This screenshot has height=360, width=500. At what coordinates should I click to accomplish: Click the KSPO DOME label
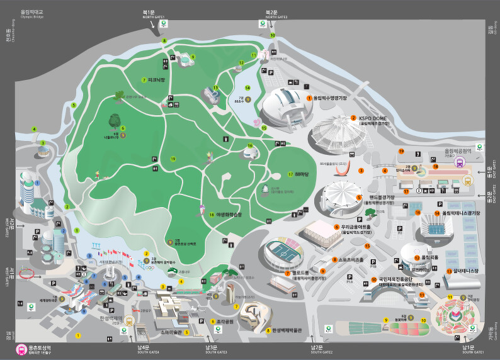(x=375, y=118)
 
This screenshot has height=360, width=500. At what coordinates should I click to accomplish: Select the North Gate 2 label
(x=271, y=14)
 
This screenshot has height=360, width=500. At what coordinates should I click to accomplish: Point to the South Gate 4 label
(x=144, y=349)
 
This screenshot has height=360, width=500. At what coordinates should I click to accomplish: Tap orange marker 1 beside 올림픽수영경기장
(x=309, y=98)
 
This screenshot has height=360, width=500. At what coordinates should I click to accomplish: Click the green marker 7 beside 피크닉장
(x=144, y=80)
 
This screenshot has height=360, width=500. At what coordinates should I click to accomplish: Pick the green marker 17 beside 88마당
(x=290, y=174)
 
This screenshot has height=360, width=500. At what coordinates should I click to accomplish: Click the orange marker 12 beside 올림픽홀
(x=417, y=258)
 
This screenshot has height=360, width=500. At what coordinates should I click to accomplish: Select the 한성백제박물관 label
(x=287, y=330)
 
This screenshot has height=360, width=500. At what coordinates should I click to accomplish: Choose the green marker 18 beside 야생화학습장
(x=212, y=215)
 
